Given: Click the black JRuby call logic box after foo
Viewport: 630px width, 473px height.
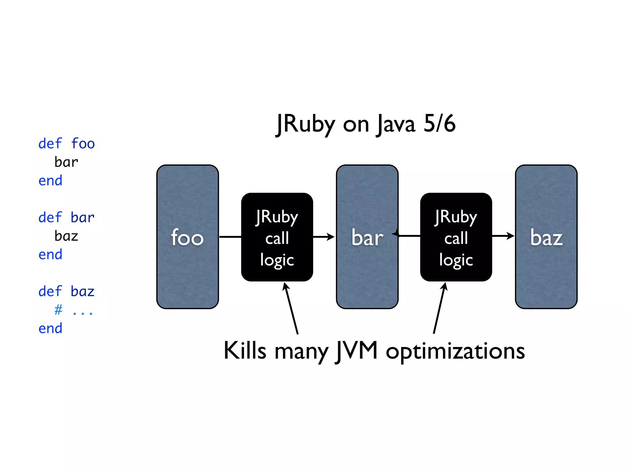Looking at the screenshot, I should pos(277,237).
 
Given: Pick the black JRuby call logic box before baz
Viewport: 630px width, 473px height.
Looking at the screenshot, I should pos(456,237).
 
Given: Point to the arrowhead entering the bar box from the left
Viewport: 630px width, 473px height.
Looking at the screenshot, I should pos(331,237).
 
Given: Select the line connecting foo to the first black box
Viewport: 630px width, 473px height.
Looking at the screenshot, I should pos(230,237).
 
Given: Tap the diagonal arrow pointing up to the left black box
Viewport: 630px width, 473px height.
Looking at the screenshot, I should pos(291,308).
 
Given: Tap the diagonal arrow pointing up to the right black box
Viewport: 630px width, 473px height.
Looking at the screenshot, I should pos(439,308).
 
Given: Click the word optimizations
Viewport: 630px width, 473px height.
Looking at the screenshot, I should pos(455,351).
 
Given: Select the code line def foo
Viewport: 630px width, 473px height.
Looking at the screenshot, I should pos(66,144).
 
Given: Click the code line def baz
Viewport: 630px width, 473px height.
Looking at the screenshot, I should pos(66,292).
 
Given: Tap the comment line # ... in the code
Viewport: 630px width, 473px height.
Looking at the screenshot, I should pos(74,310).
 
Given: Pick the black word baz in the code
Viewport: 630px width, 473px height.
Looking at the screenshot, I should pos(66,236).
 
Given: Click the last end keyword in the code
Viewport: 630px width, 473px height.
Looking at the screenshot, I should pos(50,329).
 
